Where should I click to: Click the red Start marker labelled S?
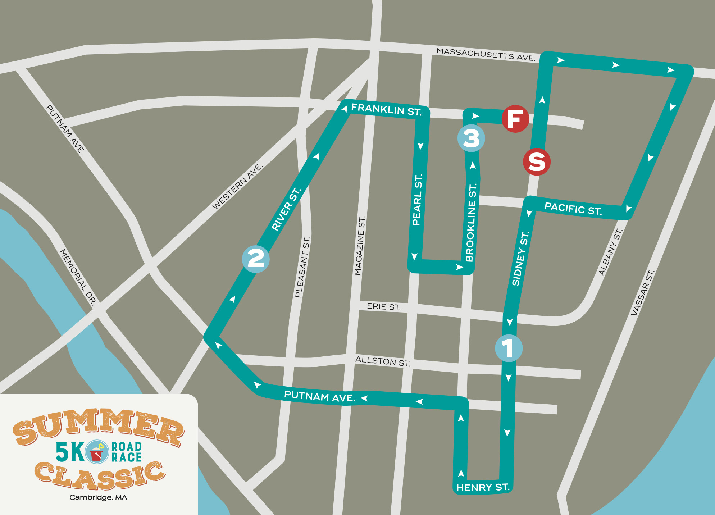pyautogui.click(x=537, y=161)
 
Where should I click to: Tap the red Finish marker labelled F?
pyautogui.click(x=515, y=119)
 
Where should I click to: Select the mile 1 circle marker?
pyautogui.click(x=509, y=348)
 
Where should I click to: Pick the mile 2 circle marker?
pyautogui.click(x=256, y=259)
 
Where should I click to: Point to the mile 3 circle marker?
pyautogui.click(x=471, y=138)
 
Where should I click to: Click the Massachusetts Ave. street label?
pyautogui.click(x=486, y=54)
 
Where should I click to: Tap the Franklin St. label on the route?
pyautogui.click(x=386, y=109)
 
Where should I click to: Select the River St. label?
pyautogui.click(x=286, y=209)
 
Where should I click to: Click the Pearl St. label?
pyautogui.click(x=418, y=200)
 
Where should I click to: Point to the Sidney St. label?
pyautogui.click(x=520, y=259)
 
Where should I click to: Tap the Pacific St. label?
pyautogui.click(x=573, y=209)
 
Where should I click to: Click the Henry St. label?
pyautogui.click(x=483, y=487)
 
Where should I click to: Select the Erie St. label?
pyautogui.click(x=383, y=306)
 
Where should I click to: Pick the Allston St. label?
pyautogui.click(x=383, y=361)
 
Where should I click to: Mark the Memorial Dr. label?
pyautogui.click(x=78, y=277)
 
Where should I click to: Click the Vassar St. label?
pyautogui.click(x=643, y=292)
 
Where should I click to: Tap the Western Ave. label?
pyautogui.click(x=237, y=186)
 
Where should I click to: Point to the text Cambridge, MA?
pyautogui.click(x=98, y=497)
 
